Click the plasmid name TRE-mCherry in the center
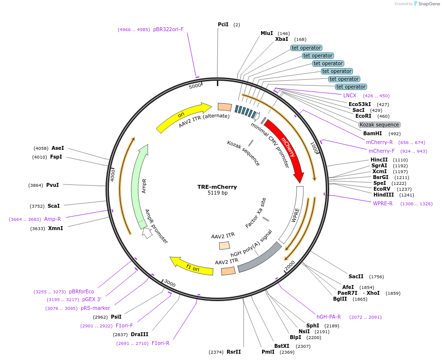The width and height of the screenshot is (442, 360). point(217,187)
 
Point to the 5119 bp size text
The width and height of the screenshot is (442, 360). point(217,193)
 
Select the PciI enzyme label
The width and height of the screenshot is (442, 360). point(223,24)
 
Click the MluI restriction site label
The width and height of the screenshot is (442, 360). point(266,33)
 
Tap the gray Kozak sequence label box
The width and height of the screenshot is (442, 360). point(379,125)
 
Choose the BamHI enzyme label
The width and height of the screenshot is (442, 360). point(372,133)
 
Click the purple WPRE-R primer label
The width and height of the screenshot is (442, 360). point(383,203)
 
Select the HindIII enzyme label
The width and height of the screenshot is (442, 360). point(384,195)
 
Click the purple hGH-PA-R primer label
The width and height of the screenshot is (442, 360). point(329,317)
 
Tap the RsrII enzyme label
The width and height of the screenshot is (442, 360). point(233,352)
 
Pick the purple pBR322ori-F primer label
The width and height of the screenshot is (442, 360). point(168,29)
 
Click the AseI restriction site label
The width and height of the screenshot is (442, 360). point(58,148)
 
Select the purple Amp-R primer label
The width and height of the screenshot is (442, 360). point(53,219)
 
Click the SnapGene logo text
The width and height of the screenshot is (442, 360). point(429,4)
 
